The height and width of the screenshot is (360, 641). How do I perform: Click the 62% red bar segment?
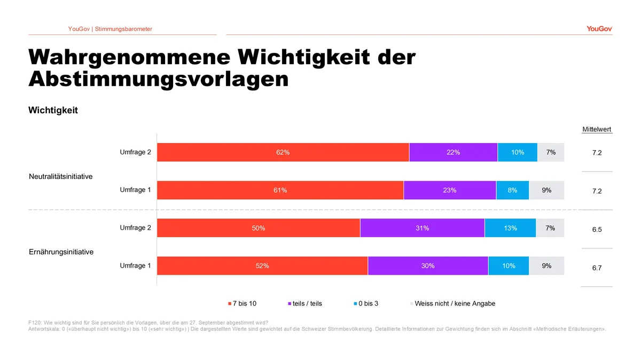(x=283, y=152)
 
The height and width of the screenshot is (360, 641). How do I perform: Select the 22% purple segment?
(x=454, y=152)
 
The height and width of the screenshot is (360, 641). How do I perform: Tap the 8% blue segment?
(x=512, y=190)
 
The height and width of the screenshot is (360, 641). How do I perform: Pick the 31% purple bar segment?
(x=423, y=228)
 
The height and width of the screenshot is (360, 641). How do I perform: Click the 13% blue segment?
(x=510, y=228)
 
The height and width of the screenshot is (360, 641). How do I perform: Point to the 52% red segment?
(x=262, y=265)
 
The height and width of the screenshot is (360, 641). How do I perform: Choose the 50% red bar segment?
(x=259, y=228)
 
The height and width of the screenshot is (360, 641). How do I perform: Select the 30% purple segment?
(x=428, y=265)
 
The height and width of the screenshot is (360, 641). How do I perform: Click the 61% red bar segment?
(x=280, y=190)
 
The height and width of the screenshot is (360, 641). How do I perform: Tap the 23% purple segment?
(x=450, y=190)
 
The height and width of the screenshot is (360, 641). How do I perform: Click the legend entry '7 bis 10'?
(x=242, y=303)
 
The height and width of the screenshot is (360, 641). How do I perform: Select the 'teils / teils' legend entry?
(x=305, y=303)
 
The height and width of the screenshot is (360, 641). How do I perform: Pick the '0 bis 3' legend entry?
(x=366, y=303)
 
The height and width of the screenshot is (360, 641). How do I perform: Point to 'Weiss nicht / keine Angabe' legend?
(x=453, y=303)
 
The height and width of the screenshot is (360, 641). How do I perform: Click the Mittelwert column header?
(x=597, y=129)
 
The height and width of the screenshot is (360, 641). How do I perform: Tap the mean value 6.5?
(x=597, y=230)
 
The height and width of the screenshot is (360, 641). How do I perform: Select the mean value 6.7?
(x=597, y=268)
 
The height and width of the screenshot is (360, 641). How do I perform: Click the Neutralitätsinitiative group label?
(x=61, y=176)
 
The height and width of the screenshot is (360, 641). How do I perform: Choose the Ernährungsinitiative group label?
(x=61, y=252)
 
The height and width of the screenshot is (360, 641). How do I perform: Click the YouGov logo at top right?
(x=599, y=29)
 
